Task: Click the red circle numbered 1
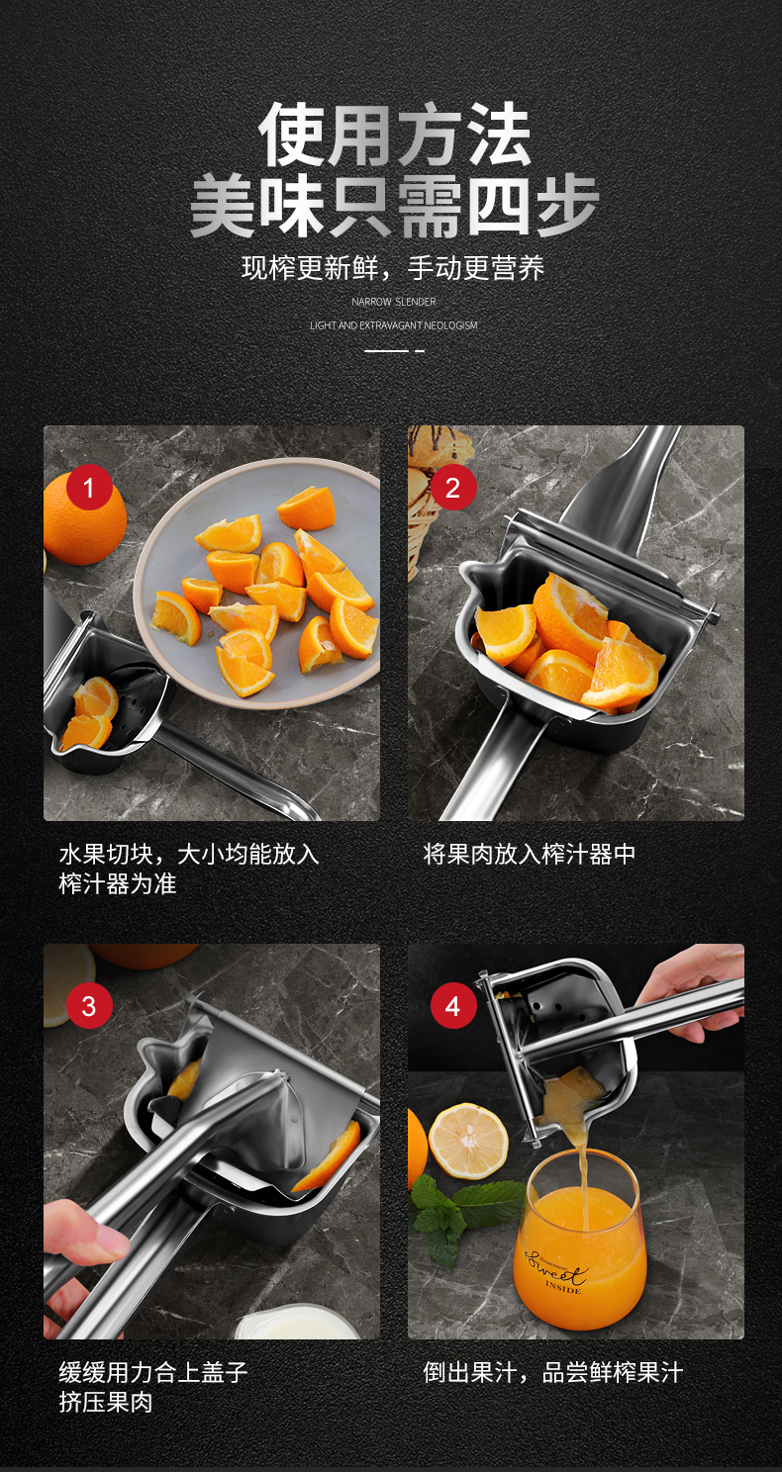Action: point(89,488)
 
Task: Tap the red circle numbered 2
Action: point(453,488)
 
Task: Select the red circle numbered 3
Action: point(89,1006)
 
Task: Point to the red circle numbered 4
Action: point(453,1006)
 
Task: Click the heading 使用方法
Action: point(394,135)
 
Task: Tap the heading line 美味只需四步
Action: point(394,205)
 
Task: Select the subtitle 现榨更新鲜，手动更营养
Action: point(393,268)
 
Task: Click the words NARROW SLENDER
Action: point(393,302)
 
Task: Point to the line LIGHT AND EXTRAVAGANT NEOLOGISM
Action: point(393,325)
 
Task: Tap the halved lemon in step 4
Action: point(468,1141)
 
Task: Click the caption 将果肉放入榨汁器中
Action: point(530,855)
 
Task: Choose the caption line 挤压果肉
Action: point(106,1403)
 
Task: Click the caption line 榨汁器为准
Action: point(118,883)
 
